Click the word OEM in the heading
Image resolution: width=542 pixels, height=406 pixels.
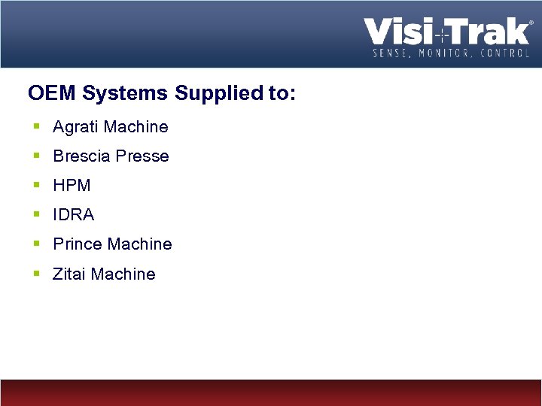point(53,93)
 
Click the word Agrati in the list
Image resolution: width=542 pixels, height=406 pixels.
point(76,127)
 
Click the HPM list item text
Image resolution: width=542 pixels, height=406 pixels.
point(72,186)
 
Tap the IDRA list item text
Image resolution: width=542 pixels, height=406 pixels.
point(74,215)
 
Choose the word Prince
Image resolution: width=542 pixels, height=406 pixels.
point(78,244)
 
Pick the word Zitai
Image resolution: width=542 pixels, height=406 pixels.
point(69,274)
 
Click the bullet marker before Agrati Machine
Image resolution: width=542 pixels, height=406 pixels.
point(37,127)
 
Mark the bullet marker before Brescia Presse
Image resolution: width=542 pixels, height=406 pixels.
point(37,156)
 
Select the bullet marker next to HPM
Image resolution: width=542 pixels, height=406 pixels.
point(37,186)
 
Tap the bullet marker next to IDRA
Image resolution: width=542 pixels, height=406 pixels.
point(37,215)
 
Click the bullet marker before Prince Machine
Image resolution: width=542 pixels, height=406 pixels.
point(37,244)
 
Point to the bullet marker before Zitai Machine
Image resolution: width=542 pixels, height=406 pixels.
point(37,274)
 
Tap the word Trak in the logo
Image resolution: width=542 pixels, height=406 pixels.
point(488,32)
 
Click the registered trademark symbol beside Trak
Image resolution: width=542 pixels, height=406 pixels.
point(531,23)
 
